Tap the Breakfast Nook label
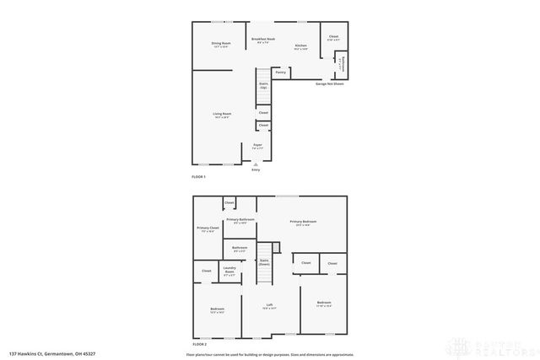261,40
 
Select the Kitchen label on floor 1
301,47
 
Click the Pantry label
281,73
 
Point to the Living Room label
222,116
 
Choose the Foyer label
258,147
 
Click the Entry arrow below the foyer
256,165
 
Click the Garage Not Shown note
330,83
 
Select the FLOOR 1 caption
199,177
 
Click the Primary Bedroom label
303,223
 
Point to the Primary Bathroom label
240,221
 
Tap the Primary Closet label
208,229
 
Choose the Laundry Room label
229,272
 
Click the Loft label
270,306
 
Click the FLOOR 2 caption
200,345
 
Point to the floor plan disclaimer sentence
274,353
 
